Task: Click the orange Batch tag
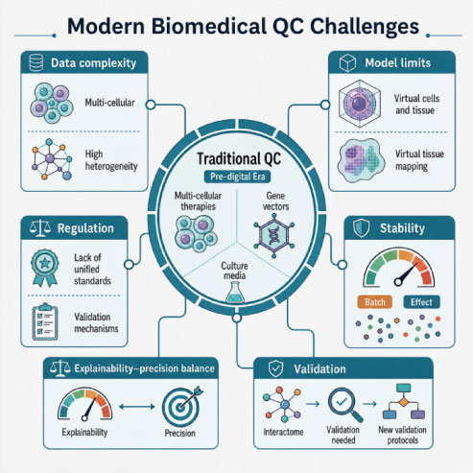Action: pos(375,302)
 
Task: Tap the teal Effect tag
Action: pos(421,302)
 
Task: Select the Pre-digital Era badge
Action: pos(237,177)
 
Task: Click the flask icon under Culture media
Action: pos(235,293)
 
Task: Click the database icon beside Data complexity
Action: pos(35,62)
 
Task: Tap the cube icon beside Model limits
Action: pos(347,62)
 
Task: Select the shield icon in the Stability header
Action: pos(362,228)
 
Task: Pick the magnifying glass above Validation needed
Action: pos(344,405)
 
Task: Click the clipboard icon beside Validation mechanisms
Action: pos(45,321)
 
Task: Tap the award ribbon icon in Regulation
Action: pos(45,268)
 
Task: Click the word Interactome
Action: pos(283,432)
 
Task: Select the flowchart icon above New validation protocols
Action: pos(404,402)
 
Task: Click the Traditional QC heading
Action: pos(239,158)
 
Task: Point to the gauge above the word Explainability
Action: pos(84,404)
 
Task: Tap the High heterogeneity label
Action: pos(111,160)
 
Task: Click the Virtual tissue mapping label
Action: pos(419,160)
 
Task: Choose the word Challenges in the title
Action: pos(365,26)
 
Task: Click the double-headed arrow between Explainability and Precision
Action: pos(137,407)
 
